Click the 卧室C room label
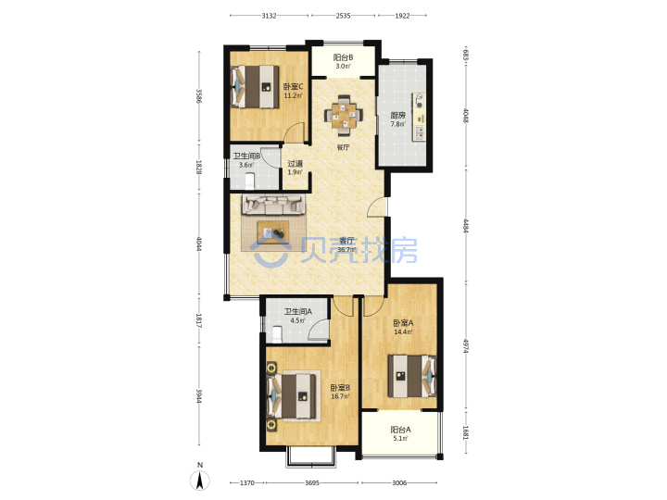coord(293,87)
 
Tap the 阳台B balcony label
coord(343,57)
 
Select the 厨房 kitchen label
coord(398,115)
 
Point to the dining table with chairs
coord(344,115)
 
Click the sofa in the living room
coord(274,205)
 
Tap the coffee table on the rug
coord(272,231)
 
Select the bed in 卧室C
coord(255,87)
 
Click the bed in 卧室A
coord(412,376)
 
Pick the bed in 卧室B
coord(292,396)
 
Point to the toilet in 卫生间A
coord(277,334)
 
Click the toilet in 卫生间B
coord(250,181)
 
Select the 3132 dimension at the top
coord(269,16)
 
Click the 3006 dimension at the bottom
coord(399,483)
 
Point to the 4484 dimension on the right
coord(466,225)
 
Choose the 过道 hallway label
coord(295,164)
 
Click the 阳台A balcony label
coord(401,430)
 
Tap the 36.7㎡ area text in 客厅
coord(346,250)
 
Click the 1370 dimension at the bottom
coord(247,483)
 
